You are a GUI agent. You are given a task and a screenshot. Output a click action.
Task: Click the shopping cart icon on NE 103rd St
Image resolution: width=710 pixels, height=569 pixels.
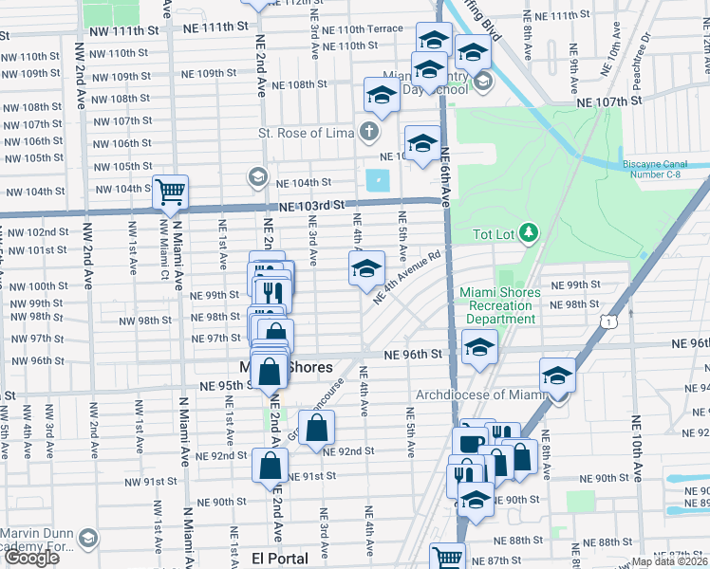(171, 193)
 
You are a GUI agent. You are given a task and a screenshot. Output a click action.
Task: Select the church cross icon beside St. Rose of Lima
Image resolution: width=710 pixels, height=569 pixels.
(368, 131)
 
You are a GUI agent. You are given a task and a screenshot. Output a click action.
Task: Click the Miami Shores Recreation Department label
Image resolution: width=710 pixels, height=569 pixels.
(500, 305)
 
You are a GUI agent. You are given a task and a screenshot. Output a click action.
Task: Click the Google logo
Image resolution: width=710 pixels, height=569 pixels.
(31, 558)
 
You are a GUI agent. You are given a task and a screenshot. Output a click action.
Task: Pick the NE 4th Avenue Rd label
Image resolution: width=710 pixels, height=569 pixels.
(408, 278)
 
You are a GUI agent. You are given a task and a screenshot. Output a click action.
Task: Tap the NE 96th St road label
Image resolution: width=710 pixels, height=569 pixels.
(414, 354)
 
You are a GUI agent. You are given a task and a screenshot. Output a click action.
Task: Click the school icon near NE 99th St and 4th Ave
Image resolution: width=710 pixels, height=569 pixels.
(366, 269)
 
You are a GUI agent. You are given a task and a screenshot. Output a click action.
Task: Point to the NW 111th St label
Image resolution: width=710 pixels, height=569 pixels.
(123, 31)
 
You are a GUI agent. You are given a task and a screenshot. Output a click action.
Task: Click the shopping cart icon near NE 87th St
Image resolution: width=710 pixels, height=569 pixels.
(446, 557)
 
